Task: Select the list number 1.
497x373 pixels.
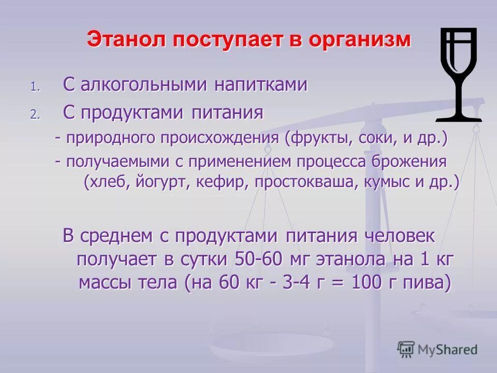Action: [34, 87]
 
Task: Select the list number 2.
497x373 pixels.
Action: [34, 114]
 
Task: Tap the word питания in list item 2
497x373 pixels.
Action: [228, 112]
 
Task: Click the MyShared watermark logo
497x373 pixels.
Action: [437, 349]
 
